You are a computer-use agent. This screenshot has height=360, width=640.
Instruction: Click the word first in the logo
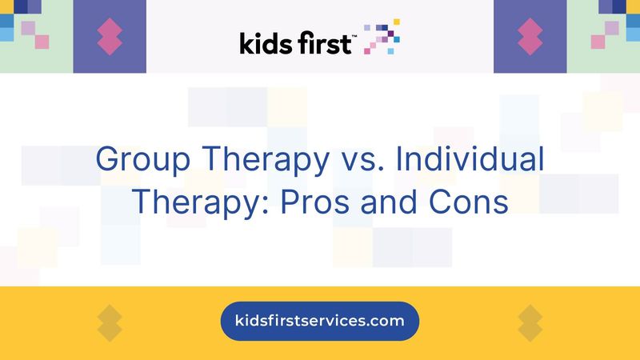[x=323, y=42]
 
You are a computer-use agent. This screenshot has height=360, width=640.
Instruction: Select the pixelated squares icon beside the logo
[x=382, y=37]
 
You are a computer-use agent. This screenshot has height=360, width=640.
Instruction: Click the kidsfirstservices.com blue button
[x=320, y=322]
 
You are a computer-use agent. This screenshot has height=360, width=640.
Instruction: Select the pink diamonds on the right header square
[x=530, y=37]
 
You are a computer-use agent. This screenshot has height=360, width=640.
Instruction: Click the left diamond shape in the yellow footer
[x=110, y=322]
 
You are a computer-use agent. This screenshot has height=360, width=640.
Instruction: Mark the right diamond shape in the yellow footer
[x=530, y=322]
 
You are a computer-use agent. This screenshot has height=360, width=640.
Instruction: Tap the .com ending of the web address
[x=387, y=322]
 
